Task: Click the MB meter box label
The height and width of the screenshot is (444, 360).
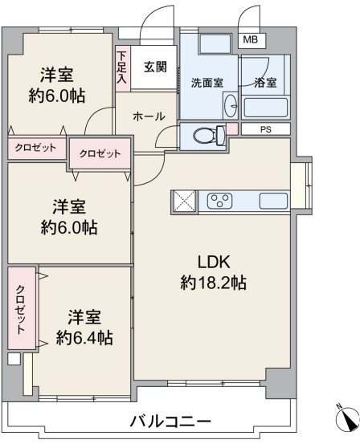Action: coord(251,39)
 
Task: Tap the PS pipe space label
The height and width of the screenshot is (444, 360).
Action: coord(266,130)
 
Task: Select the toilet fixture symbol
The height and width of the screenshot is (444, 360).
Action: coord(209,135)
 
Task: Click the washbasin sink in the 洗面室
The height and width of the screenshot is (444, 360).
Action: coord(231,105)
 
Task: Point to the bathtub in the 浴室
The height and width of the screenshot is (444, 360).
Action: coord(266,108)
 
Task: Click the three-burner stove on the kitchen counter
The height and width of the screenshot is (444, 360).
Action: coord(219,201)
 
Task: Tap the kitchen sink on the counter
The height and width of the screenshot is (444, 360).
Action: coord(273,201)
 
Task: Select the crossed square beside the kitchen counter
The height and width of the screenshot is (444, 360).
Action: coord(185,201)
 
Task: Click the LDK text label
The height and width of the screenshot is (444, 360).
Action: coord(214,262)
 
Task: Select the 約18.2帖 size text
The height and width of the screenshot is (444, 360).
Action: coord(214,283)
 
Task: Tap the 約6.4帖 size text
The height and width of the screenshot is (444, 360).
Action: coord(84,338)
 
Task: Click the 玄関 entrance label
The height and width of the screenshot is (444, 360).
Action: coord(155,67)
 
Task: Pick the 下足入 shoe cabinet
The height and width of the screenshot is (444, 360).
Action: coord(123,68)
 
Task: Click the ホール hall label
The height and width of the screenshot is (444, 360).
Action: coord(149,116)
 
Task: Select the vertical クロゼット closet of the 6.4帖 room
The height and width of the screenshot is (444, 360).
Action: coord(22,308)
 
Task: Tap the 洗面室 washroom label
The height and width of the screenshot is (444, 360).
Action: coord(207,83)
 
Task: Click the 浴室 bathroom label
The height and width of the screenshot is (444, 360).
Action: coord(265,83)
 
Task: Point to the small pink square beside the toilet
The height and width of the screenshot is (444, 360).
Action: coord(232,128)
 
